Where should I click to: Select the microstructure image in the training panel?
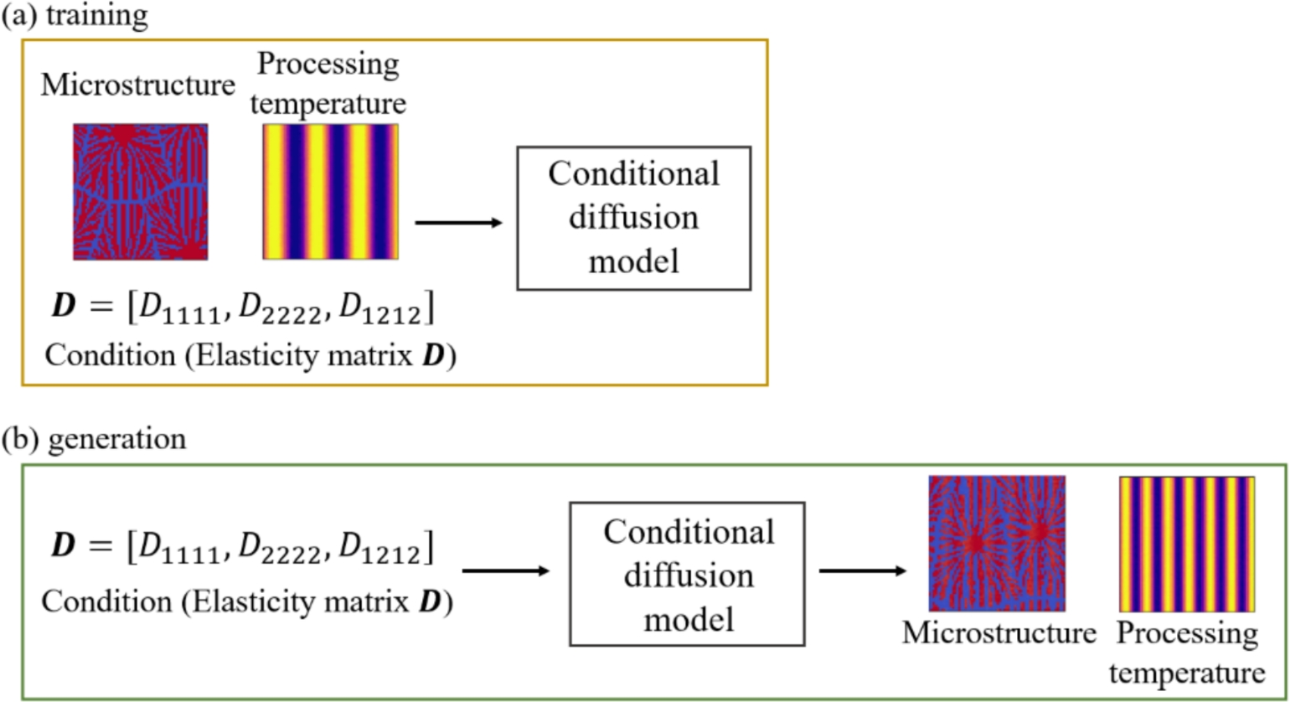[140, 192]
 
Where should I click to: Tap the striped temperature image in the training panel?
[331, 192]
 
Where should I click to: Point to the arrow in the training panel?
[458, 222]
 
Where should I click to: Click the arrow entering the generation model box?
[505, 571]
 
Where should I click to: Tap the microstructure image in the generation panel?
[996, 543]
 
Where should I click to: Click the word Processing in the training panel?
[329, 65]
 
